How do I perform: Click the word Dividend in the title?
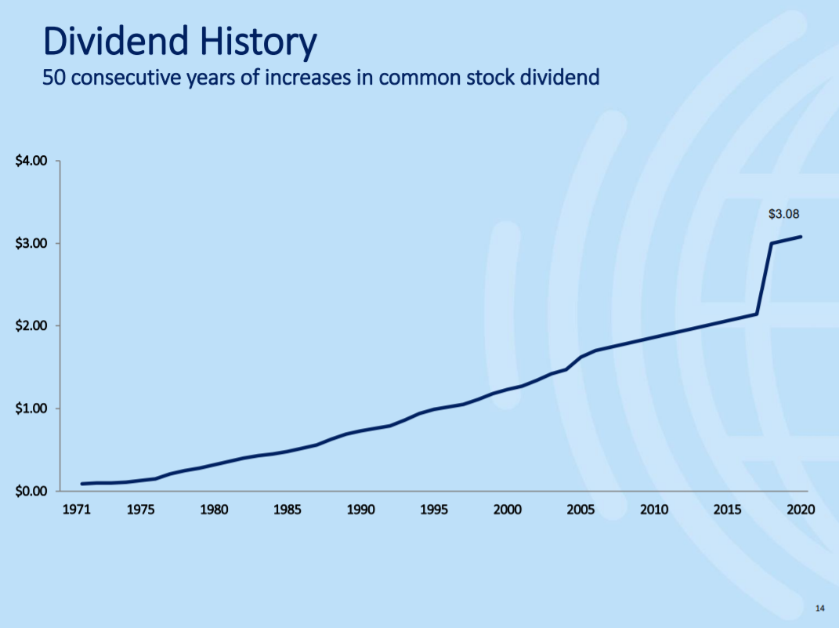coord(116,41)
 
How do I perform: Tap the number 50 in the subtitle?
coord(53,78)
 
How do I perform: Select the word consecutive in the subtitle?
coord(126,78)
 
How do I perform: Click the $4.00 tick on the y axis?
coord(31,161)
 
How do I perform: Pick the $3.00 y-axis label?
coord(31,243)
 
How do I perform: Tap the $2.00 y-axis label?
coord(31,325)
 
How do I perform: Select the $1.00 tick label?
coord(31,408)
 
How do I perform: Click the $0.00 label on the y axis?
coord(31,491)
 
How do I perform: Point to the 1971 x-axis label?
coord(77,509)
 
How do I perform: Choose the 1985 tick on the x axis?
coord(288,509)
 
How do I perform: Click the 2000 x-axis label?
coord(508,509)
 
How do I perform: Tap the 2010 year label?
coord(654,509)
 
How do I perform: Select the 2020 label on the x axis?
coord(801,509)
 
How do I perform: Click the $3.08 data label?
coord(783,214)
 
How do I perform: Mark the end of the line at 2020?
coord(801,237)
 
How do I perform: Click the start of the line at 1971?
coord(82,484)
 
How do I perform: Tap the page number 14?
coord(819,608)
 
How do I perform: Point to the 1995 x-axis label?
coord(434,509)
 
